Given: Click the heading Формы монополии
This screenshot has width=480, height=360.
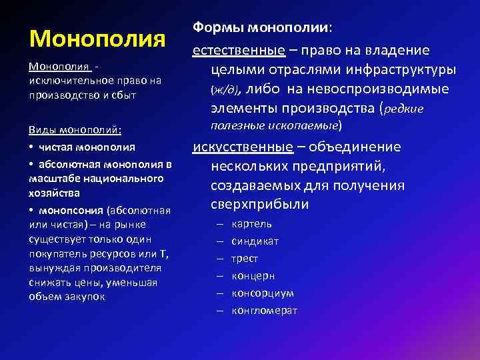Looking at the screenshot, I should click(x=263, y=29).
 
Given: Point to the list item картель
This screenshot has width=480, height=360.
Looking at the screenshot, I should click(x=251, y=224).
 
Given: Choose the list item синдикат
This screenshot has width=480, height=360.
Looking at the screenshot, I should click(x=255, y=241).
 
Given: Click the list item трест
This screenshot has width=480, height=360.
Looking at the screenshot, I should click(x=245, y=259).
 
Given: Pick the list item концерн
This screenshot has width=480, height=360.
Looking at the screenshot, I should click(x=253, y=276).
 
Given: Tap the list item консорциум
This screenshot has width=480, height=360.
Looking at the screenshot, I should click(x=263, y=293).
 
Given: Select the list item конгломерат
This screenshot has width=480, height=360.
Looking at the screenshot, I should click(x=265, y=311).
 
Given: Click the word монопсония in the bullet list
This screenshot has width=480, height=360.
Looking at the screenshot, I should click(x=70, y=209).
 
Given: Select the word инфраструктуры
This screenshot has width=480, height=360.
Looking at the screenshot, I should click(x=408, y=70).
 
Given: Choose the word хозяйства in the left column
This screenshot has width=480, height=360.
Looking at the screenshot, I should click(x=55, y=193).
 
